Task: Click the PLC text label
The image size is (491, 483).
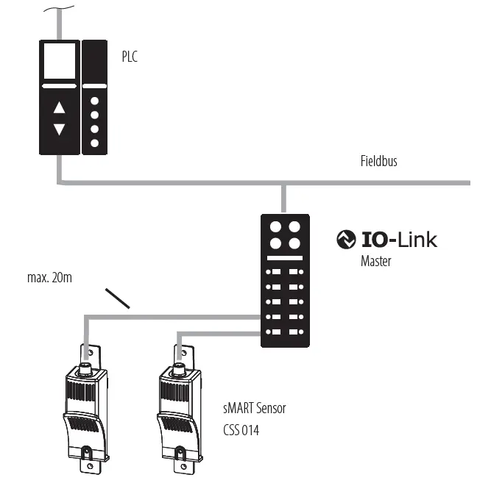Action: coord(130,56)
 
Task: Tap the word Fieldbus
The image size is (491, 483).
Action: coord(379,160)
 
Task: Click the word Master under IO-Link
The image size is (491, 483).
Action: coord(375,260)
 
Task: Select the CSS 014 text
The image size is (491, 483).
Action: coord(240,429)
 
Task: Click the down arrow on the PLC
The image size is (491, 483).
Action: coord(60,129)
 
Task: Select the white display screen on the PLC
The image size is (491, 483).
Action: coord(60,60)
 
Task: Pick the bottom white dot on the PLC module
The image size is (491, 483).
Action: coord(94,142)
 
